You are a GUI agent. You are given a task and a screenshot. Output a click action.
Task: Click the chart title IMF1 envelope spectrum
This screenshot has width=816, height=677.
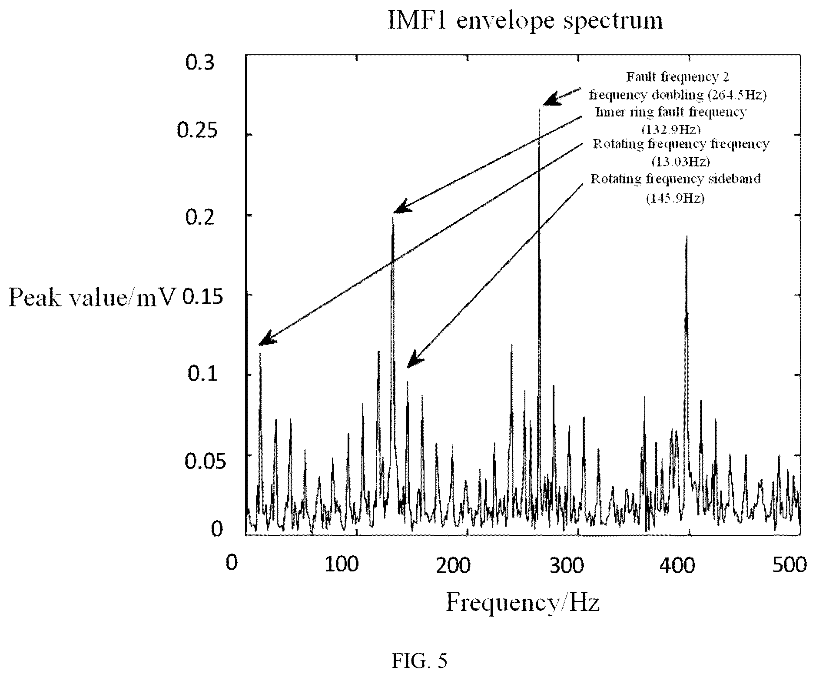click(x=525, y=21)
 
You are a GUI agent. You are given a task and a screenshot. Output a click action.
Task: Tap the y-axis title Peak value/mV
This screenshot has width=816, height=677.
click(x=92, y=298)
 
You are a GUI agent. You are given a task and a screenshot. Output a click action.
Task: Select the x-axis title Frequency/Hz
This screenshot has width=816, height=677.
click(x=523, y=603)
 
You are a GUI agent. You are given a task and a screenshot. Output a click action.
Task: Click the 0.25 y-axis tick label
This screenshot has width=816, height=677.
click(x=196, y=130)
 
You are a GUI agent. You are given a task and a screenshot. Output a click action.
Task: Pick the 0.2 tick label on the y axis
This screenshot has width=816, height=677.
click(x=200, y=217)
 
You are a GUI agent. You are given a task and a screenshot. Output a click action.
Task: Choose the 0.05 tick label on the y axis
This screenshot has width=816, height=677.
click(x=200, y=461)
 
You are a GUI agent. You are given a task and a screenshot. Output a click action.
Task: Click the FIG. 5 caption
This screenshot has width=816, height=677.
click(x=419, y=660)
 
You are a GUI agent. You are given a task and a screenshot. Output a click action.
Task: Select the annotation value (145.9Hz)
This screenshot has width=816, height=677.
click(x=675, y=199)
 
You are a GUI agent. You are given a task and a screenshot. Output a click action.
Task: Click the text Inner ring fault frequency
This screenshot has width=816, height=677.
click(x=670, y=112)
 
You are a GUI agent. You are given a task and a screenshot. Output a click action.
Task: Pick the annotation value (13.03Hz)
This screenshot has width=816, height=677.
click(x=680, y=162)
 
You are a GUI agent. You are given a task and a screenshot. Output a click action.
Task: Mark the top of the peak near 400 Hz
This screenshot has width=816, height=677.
click(x=687, y=236)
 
